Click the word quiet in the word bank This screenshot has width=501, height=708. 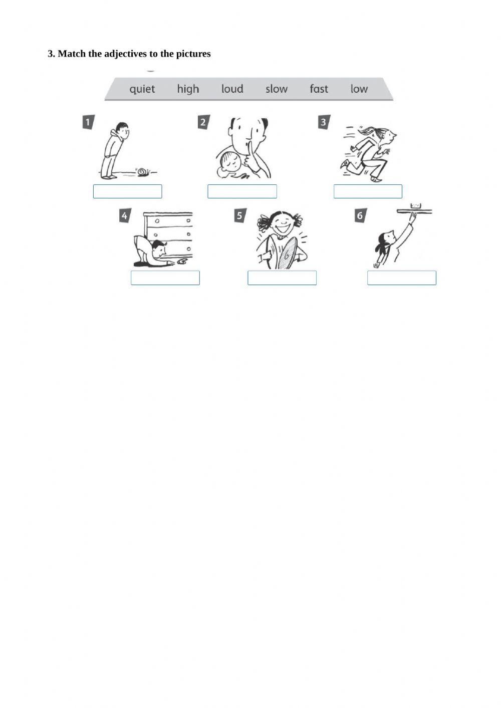click(142, 89)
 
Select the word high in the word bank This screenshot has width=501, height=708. click(188, 89)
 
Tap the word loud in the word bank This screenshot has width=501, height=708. click(232, 89)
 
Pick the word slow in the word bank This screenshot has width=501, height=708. click(277, 89)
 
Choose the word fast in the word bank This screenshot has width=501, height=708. click(319, 89)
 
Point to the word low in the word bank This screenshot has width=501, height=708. click(359, 89)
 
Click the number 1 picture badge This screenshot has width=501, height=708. click(88, 122)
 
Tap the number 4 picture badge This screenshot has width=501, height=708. click(124, 216)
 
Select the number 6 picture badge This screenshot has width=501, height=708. click(360, 216)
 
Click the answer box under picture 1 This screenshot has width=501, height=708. click(127, 191)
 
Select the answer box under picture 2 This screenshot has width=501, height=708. click(242, 191)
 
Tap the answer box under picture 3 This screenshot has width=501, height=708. click(368, 191)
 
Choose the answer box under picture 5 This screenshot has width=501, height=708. click(282, 278)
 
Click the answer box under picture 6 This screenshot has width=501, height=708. click(401, 278)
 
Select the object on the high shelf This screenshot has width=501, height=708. click(415, 206)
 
